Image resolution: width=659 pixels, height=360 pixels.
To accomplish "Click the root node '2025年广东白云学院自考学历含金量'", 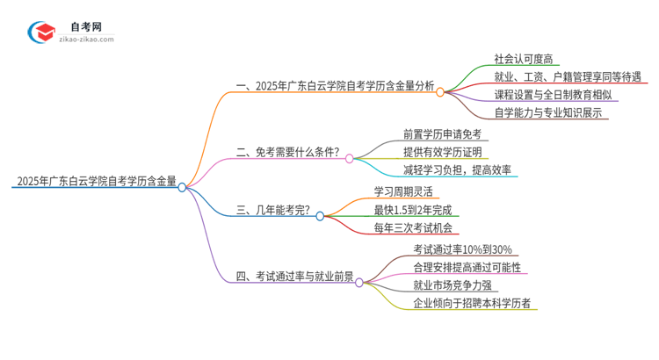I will [x=95, y=184].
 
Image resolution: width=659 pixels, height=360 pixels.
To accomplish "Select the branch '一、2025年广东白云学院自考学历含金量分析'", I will [x=335, y=86].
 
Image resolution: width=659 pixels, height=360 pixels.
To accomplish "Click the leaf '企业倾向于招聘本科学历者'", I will [x=477, y=303].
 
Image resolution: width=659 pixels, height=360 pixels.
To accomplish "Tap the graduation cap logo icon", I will [x=43, y=31].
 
